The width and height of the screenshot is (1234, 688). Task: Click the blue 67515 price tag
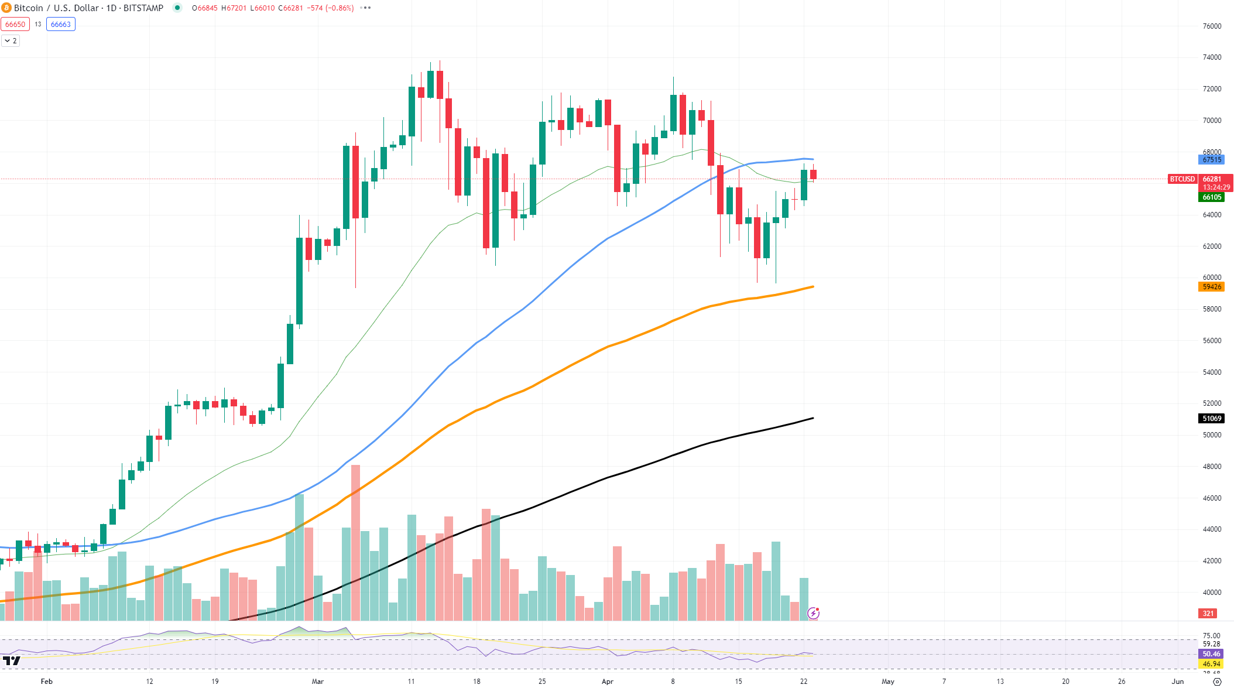[1211, 160]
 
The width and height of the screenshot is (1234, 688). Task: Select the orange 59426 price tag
[1211, 287]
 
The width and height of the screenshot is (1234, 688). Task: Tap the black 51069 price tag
[1211, 419]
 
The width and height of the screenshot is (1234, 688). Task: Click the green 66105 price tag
[1211, 197]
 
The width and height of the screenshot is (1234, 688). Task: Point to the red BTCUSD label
[1182, 179]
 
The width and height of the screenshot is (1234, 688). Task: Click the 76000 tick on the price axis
[1212, 26]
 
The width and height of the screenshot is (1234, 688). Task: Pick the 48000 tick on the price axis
[1212, 467]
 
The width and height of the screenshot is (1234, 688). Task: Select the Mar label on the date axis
[318, 681]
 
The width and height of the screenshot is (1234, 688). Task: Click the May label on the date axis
[888, 681]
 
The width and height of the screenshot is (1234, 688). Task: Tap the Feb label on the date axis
[47, 681]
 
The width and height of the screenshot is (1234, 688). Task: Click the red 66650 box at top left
[15, 25]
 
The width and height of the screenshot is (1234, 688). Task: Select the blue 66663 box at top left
[61, 25]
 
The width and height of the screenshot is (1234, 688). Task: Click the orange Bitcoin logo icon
[6, 8]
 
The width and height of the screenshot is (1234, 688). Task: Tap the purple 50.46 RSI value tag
[1211, 654]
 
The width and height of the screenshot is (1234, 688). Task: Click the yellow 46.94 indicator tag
[1211, 664]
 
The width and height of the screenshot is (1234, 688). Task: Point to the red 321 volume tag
[1208, 614]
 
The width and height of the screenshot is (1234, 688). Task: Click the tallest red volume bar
[355, 542]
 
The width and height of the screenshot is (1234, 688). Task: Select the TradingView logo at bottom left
[12, 661]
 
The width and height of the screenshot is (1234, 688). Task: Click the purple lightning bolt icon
[813, 613]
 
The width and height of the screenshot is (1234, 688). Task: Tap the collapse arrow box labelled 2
[11, 41]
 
